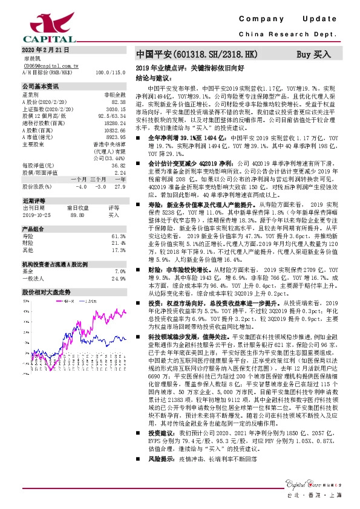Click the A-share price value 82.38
pos(119,102)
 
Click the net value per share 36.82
pos(119,165)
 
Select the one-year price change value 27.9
pos(120,187)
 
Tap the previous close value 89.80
pos(77,215)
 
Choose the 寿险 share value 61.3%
pos(119,236)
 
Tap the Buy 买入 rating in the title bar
pos(313,54)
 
